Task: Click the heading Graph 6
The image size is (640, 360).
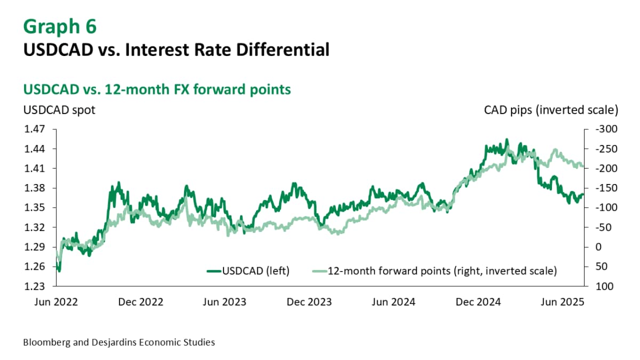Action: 60,26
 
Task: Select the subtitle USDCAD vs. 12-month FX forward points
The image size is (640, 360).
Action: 157,89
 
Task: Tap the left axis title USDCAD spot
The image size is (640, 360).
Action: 59,110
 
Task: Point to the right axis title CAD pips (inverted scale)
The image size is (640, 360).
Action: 551,110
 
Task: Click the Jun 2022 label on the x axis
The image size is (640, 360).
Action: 55,302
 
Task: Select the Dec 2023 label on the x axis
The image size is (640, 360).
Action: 309,302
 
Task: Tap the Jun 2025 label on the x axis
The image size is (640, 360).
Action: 562,302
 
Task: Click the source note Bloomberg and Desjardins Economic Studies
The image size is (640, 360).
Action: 119,342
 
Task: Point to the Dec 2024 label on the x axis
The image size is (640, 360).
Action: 478,302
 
